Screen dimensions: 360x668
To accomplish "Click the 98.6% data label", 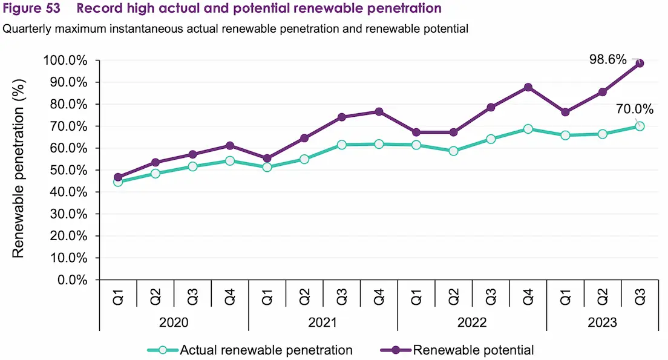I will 608,59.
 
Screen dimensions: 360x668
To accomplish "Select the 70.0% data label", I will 634,110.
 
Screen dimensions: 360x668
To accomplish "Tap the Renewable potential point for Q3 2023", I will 640,63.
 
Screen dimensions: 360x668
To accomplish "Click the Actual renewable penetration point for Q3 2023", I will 640,126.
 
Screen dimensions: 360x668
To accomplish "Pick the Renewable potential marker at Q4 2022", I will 528,87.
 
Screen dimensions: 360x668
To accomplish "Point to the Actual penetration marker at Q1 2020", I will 118,182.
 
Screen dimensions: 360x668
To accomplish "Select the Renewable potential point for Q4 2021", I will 379,111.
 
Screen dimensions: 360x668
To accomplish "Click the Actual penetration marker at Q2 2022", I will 453,151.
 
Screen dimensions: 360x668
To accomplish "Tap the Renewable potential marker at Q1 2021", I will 267,159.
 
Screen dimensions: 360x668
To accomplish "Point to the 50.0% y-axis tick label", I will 69,170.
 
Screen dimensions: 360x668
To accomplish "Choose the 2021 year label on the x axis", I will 323,322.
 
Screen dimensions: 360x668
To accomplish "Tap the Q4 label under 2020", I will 230,297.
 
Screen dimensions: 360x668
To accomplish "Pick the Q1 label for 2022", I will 416,297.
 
